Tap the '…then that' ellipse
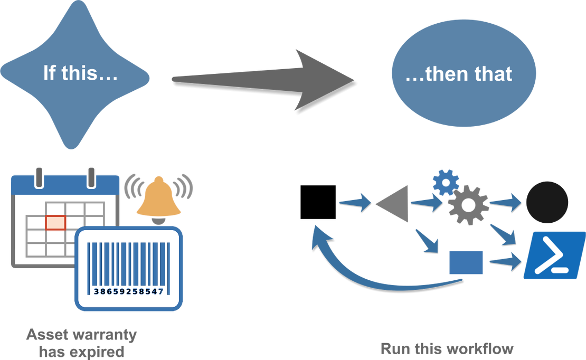(x=463, y=73)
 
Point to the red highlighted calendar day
(x=55, y=222)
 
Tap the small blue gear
(x=445, y=182)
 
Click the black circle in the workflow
(x=547, y=202)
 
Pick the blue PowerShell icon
(x=554, y=255)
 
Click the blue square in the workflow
(x=466, y=262)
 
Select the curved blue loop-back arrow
(x=370, y=269)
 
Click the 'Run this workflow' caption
(x=447, y=349)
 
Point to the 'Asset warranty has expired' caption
(x=81, y=343)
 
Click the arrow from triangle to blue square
(x=427, y=239)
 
